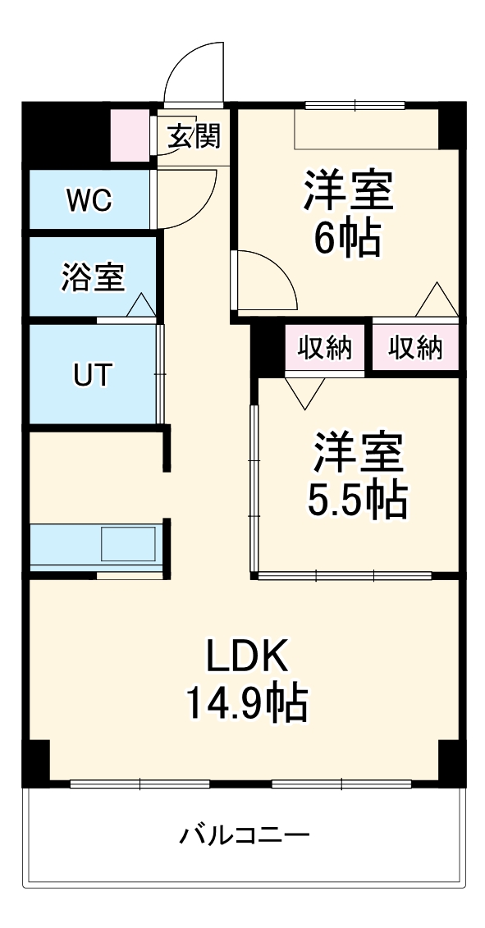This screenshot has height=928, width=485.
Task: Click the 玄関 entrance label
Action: [x=194, y=135]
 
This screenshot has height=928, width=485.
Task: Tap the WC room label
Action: [x=90, y=200]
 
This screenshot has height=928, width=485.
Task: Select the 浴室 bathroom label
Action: [x=93, y=277]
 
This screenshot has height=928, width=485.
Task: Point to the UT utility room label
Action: [x=93, y=375]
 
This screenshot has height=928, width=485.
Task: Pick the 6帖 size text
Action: [x=346, y=238]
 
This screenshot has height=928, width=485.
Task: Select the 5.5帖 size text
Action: [x=357, y=501]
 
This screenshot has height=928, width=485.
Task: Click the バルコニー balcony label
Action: [x=245, y=836]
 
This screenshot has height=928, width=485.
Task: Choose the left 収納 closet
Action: [x=325, y=349]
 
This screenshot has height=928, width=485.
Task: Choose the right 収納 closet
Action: [x=415, y=349]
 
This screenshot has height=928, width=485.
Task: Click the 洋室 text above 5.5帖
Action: [x=357, y=452]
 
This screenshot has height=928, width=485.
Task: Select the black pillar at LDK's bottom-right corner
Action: [x=451, y=762]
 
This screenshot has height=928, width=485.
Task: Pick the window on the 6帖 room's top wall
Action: [x=355, y=105]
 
